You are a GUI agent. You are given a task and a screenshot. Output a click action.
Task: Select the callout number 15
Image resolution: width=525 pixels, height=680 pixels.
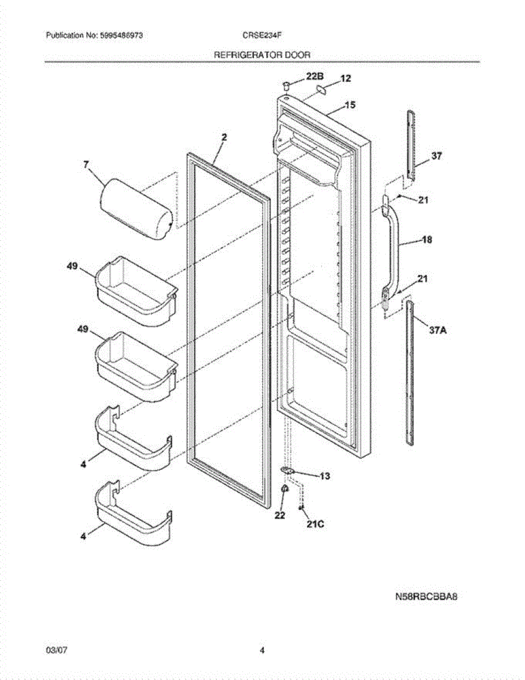pos(350,105)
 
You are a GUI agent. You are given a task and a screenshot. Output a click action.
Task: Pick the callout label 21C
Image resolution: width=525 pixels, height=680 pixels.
pos(315,524)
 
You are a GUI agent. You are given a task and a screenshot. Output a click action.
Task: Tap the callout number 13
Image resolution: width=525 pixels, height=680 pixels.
pos(325,476)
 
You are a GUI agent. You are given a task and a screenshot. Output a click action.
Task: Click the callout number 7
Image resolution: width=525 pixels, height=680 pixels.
pos(86,165)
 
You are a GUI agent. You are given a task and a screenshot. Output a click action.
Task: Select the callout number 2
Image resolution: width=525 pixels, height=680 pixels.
pos(224,137)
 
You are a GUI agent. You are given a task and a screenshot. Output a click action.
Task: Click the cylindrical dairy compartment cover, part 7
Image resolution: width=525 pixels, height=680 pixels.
pos(135,210)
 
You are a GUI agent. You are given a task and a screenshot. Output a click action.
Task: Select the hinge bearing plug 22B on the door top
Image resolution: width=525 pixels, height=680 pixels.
pos(287,85)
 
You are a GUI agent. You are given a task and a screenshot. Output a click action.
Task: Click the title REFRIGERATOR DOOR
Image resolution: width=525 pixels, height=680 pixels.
pos(262,55)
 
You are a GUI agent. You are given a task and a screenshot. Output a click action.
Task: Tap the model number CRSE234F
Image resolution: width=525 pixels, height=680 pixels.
pos(262,35)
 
